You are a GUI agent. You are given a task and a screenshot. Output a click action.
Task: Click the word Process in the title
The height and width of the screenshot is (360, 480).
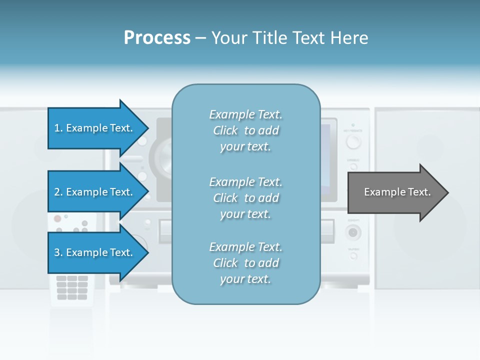[157, 38]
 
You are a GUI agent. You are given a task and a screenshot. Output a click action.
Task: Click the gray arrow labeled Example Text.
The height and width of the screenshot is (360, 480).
[397, 192]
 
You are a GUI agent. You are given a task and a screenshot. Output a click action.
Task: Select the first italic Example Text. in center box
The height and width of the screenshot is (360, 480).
[245, 114]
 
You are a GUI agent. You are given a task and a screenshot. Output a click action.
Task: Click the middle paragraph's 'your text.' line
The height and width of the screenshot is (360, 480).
[245, 214]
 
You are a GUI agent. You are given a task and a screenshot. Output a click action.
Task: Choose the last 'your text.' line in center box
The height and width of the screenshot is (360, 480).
[245, 279]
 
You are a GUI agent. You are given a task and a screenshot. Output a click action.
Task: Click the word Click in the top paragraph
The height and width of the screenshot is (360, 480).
[225, 130]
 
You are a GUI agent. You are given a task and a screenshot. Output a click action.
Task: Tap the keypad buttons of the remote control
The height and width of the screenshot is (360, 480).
[72, 287]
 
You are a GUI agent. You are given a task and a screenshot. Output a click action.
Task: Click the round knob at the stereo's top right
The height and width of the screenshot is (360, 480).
[353, 142]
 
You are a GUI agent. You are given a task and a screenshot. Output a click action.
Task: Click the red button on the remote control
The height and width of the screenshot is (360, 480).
[57, 218]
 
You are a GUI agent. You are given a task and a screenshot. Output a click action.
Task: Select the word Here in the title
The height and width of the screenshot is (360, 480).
[350, 38]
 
